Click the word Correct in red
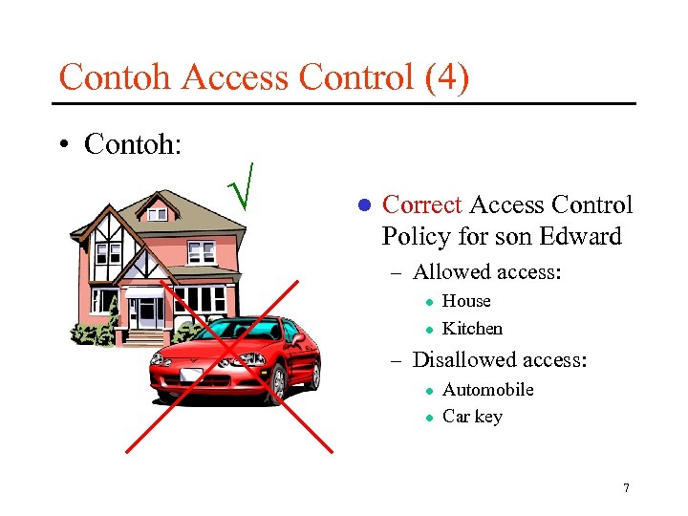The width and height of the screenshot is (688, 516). (x=421, y=205)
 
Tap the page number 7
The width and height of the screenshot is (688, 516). (x=626, y=488)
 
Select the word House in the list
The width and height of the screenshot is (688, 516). (x=466, y=301)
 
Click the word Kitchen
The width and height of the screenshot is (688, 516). (x=472, y=329)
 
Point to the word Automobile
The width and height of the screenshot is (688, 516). (x=487, y=390)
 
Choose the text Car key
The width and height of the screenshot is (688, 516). (x=472, y=417)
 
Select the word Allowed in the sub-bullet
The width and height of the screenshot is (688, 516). (x=448, y=272)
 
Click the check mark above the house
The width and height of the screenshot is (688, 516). (x=247, y=185)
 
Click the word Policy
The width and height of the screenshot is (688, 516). (x=418, y=236)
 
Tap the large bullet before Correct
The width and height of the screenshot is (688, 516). (x=363, y=206)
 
